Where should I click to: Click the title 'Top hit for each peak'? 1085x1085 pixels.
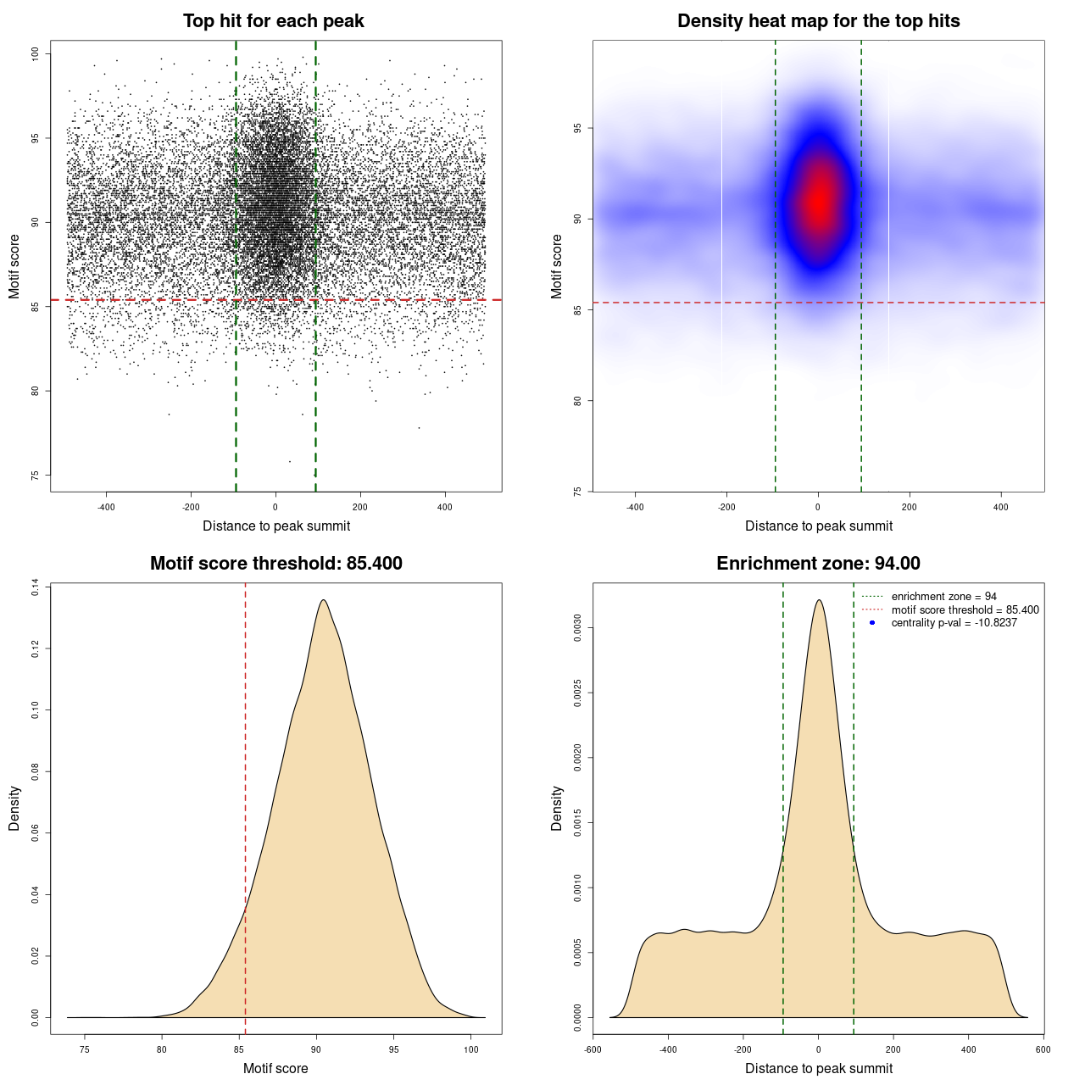point(273,21)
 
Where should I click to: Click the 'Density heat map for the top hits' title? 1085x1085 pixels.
point(818,21)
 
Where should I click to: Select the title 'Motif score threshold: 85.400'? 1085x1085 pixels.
point(275,564)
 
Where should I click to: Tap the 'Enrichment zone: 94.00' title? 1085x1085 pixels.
point(818,564)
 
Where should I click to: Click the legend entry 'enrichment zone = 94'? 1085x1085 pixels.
point(943,597)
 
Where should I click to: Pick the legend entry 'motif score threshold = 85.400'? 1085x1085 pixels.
point(965,609)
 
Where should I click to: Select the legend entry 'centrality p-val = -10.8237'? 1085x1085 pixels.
point(954,623)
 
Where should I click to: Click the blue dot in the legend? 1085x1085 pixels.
point(872,623)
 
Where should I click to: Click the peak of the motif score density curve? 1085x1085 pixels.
point(323,600)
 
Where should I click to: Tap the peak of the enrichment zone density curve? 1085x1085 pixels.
point(818,600)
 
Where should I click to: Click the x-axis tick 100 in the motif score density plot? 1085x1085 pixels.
point(471,1049)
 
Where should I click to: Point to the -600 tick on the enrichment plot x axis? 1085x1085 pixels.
point(593,1049)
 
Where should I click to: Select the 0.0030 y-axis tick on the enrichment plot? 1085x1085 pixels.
point(578,628)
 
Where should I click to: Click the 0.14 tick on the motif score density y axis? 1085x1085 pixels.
point(35,587)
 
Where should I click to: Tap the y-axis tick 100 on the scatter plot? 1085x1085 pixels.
point(35,53)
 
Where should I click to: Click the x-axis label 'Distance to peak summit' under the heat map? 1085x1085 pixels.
point(818,526)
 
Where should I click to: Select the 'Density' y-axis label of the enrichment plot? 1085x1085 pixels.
point(557,808)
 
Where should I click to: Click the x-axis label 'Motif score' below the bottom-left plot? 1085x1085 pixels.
point(275,1068)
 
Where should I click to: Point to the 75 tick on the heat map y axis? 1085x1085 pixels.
point(578,491)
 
